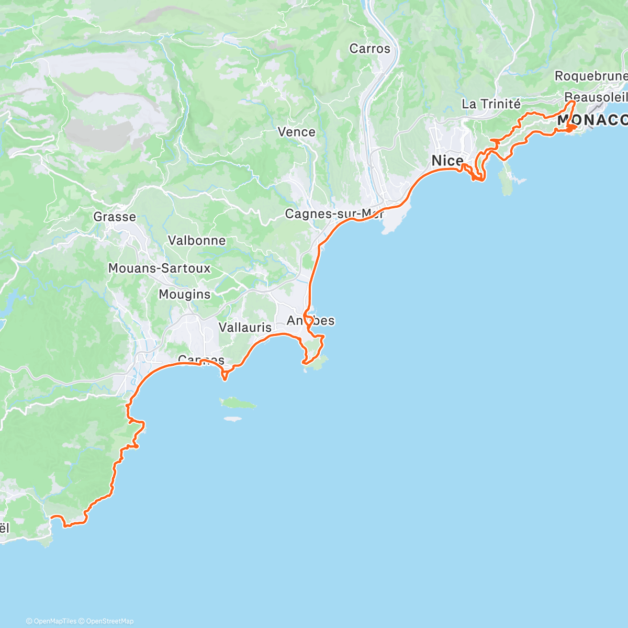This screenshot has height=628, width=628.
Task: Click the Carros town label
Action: coord(369,49)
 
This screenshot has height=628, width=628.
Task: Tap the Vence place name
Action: coord(296,132)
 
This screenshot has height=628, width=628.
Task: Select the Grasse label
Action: coord(115,217)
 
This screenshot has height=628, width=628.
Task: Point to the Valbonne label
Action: coord(197,241)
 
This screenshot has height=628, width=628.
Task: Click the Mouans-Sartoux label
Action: coord(159,268)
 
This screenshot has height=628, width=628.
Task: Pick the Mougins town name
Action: coord(185,295)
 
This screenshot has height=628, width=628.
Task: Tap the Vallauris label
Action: coord(245,328)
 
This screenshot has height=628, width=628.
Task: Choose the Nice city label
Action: coord(447,161)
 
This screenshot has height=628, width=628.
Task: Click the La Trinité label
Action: coord(491,104)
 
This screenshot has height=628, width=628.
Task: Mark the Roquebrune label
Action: coord(590,76)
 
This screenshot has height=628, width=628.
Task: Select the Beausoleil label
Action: coord(596,97)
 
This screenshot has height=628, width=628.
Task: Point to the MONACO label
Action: coord(592,120)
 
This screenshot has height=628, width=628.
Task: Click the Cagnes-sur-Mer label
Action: coord(334,214)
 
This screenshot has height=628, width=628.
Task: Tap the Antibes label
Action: coord(310,321)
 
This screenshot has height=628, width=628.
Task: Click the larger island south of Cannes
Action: coord(238,403)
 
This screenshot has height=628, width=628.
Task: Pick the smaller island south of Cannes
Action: coord(232,419)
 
